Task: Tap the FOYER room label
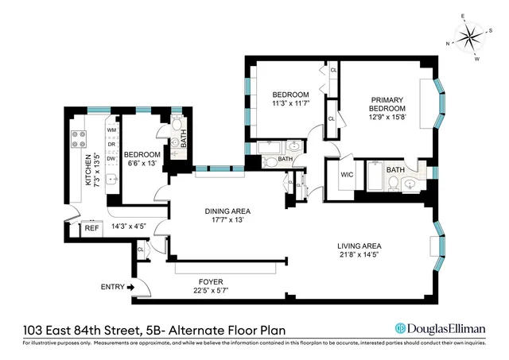click(x=211, y=281)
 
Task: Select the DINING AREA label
click(x=227, y=211)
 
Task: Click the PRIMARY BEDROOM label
click(x=387, y=104)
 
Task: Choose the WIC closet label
click(x=346, y=175)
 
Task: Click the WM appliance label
click(x=111, y=129)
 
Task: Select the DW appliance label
click(x=111, y=158)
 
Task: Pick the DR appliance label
click(x=111, y=144)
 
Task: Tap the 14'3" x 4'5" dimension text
click(x=132, y=226)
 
